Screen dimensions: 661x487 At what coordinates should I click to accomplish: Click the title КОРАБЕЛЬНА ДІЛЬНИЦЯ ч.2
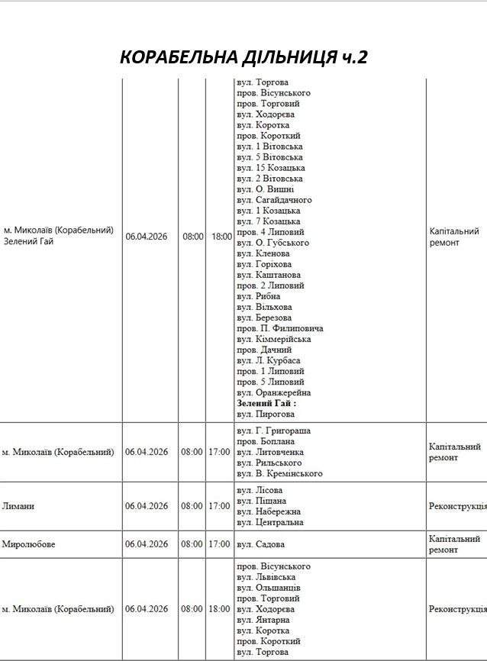(243, 57)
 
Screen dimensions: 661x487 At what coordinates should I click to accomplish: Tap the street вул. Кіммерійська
(274, 339)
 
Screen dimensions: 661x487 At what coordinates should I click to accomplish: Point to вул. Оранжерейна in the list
(273, 392)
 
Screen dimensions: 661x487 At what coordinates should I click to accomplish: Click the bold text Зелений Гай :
(266, 403)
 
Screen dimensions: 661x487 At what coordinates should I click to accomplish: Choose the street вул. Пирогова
(265, 414)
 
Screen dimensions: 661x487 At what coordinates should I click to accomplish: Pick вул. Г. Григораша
(273, 430)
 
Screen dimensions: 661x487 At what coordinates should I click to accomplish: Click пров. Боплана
(265, 441)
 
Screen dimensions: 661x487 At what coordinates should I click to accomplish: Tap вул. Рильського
(269, 463)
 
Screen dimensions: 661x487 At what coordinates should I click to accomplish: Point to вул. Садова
(260, 544)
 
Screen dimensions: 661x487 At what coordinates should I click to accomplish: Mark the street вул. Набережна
(269, 511)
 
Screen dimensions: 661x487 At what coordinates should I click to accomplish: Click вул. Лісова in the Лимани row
(260, 490)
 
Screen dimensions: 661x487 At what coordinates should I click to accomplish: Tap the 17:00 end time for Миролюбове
(219, 544)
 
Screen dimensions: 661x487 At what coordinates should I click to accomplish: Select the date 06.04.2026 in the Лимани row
(147, 506)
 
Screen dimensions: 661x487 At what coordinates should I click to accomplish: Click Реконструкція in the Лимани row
(457, 506)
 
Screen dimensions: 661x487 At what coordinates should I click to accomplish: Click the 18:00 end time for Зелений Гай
(221, 237)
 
